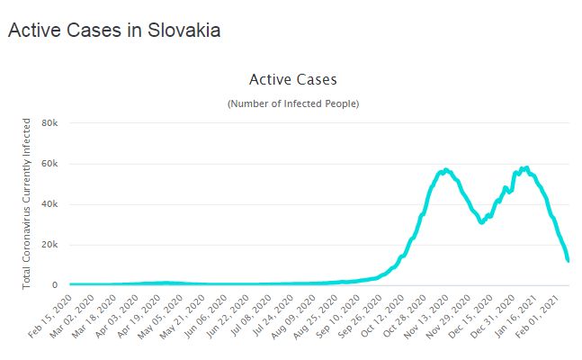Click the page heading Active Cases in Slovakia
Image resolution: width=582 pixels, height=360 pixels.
pos(114,30)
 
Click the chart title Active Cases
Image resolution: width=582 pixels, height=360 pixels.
pos(292,80)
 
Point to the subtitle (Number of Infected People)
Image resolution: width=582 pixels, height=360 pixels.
pos(292,104)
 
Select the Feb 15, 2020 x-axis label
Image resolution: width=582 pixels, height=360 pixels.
pos(49,314)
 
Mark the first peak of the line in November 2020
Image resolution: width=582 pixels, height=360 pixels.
pos(445,169)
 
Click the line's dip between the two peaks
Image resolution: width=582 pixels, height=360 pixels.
pos(482,222)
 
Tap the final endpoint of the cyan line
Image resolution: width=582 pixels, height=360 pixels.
pos(569,260)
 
